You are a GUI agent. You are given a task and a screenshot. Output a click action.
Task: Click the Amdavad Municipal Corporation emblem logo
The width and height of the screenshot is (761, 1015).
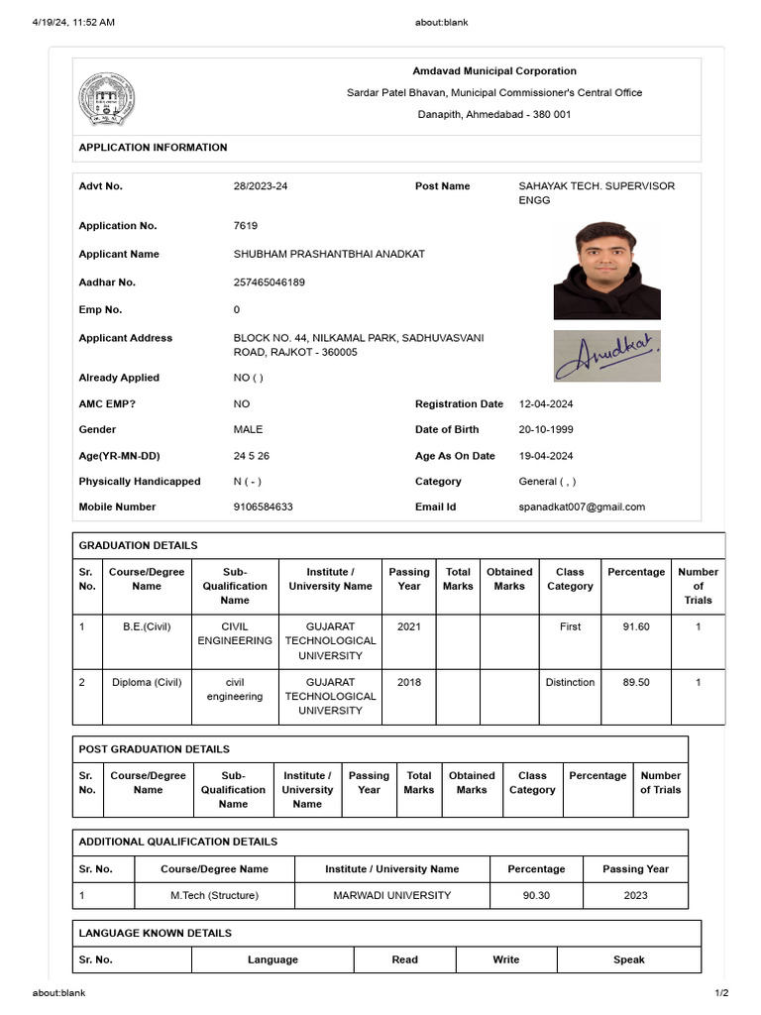tap(107, 98)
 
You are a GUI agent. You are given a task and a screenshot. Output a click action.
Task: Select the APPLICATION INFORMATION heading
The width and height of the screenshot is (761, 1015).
tap(153, 148)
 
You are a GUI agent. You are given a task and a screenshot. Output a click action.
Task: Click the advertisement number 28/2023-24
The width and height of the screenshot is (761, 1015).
tap(261, 186)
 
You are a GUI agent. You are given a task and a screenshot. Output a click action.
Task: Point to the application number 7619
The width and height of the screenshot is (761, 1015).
tap(246, 226)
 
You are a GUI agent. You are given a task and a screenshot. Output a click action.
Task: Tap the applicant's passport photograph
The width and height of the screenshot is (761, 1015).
tap(606, 270)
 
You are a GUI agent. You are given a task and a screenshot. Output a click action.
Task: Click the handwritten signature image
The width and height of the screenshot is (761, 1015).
tap(606, 356)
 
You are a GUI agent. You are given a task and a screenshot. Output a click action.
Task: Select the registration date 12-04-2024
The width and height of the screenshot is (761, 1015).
tap(546, 404)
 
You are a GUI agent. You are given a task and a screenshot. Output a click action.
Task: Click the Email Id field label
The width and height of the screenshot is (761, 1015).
tap(435, 507)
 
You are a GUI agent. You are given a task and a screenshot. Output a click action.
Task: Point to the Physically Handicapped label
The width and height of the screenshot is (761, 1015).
tap(140, 482)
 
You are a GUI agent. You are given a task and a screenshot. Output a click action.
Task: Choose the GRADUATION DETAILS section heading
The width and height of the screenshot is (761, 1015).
tap(138, 546)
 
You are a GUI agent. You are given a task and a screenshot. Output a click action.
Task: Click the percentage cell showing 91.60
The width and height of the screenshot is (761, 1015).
tap(636, 627)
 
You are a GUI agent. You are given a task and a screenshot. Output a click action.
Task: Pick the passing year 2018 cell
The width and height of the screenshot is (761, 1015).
tap(409, 683)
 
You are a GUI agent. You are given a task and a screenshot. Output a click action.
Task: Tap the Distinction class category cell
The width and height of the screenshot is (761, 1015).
tap(570, 683)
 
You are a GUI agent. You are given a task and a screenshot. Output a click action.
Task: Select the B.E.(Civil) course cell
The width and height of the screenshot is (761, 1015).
tap(147, 627)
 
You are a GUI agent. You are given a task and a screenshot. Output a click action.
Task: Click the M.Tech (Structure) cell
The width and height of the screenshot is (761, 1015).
tap(214, 896)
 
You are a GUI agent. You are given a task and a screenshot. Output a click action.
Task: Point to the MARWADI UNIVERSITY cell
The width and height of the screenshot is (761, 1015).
tap(391, 896)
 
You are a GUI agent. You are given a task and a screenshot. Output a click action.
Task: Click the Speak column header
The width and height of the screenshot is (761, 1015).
tap(628, 960)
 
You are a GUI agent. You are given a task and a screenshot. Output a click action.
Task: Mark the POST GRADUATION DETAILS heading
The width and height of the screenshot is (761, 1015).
tap(154, 750)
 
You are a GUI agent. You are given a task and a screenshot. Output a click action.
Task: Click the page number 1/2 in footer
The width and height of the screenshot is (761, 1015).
tap(721, 993)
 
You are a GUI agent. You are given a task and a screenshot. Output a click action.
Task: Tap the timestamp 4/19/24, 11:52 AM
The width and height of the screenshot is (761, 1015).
tap(73, 22)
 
